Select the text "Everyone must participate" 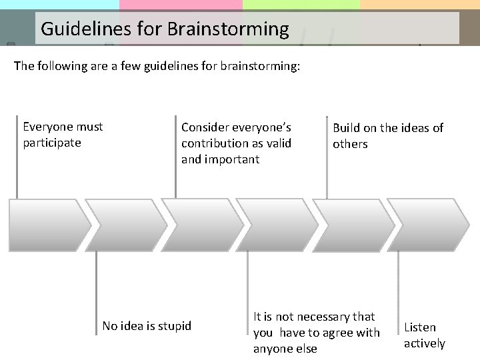point(63,135)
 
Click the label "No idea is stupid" point(147,326)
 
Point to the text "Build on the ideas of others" point(387,136)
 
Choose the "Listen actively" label point(424,335)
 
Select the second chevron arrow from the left point(123,225)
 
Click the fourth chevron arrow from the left point(275,225)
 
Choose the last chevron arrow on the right point(427,225)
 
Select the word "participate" point(52,143)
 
